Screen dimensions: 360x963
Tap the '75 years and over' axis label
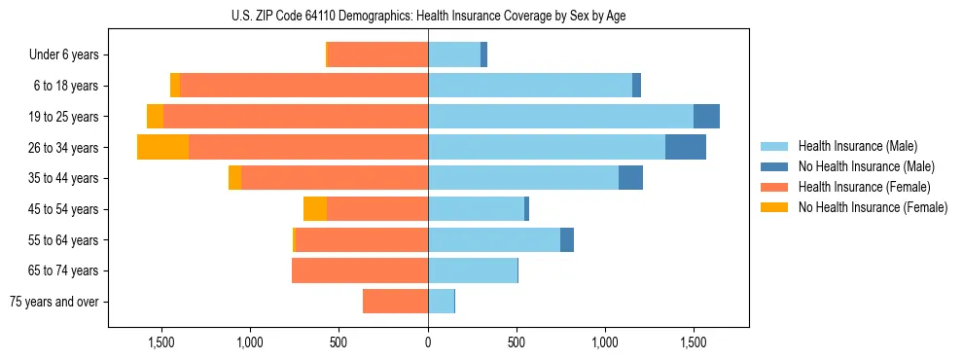54,302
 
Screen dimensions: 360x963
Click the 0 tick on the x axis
428,343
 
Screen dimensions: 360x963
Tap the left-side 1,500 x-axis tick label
160,343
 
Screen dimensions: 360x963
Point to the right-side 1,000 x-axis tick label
605,343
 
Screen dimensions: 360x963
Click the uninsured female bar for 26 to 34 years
162,147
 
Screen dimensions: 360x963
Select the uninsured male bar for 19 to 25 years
706,117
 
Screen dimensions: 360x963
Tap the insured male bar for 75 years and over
441,302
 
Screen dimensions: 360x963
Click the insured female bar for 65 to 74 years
360,270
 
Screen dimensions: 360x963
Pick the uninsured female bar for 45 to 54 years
315,209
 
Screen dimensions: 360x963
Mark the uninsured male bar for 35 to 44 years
630,178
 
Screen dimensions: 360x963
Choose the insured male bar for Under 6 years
454,54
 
